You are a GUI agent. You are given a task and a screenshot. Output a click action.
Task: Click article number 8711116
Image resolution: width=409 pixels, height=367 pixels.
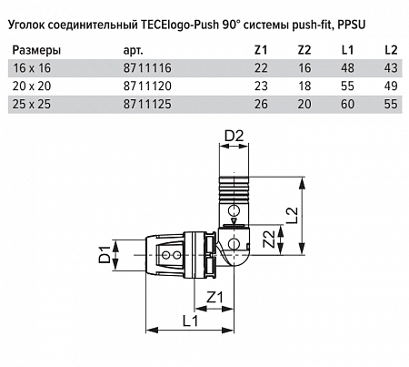click(147, 68)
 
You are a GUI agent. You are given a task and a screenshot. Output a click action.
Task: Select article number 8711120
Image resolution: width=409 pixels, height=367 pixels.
click(147, 87)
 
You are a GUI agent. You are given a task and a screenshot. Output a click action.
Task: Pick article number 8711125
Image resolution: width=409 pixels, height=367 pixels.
click(147, 104)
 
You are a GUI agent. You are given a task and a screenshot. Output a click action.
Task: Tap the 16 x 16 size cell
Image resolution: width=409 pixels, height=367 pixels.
click(32, 68)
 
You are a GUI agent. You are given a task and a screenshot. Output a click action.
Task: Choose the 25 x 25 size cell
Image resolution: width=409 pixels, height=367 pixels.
click(32, 104)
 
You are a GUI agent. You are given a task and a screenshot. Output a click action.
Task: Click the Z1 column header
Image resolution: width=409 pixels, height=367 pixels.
click(261, 50)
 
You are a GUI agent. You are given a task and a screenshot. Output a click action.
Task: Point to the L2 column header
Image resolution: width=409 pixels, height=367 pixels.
click(391, 50)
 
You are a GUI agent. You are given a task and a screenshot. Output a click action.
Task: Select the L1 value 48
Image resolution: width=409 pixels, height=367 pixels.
click(347, 68)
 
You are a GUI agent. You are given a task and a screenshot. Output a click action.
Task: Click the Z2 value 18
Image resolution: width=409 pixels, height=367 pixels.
click(304, 87)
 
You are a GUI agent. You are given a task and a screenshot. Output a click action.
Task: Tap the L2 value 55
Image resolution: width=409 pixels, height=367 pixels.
click(391, 104)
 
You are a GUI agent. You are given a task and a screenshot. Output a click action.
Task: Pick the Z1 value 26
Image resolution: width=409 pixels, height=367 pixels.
click(261, 104)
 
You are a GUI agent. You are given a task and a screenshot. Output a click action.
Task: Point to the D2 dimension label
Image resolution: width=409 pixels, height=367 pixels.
click(234, 136)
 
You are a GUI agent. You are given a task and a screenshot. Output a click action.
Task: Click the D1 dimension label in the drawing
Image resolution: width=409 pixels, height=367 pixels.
click(105, 254)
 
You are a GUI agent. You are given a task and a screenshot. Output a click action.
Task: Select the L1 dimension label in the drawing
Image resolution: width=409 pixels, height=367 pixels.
click(190, 321)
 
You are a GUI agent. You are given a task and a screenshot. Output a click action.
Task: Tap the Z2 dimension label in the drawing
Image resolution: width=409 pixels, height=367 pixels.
click(269, 240)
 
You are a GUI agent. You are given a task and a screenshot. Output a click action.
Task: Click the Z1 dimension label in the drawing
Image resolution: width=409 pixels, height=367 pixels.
click(214, 297)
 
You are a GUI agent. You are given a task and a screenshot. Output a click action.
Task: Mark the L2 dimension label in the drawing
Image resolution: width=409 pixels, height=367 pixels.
click(293, 215)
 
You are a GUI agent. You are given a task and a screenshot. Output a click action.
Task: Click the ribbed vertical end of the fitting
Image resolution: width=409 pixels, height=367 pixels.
click(234, 189)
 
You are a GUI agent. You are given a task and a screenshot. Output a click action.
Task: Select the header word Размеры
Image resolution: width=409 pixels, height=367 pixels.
click(36, 50)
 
